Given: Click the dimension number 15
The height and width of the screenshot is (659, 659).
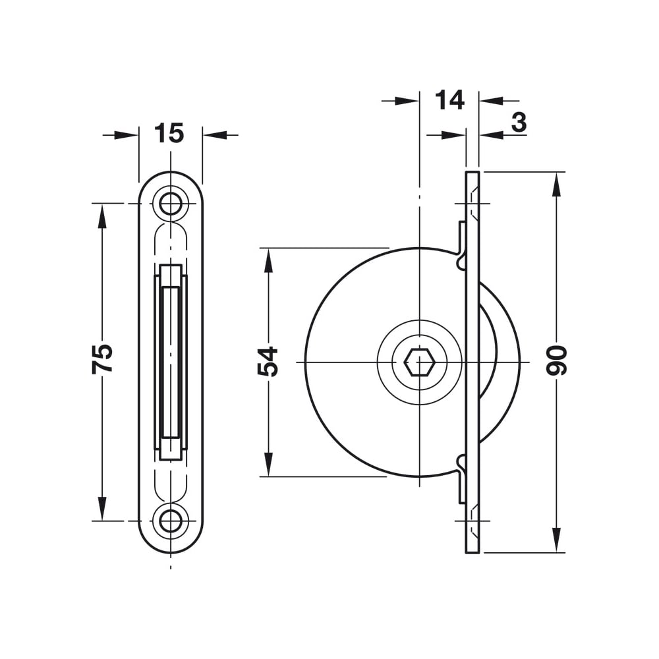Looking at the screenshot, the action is coord(169,133).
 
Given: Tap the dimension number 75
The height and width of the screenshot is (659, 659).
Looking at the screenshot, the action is coord(102,358).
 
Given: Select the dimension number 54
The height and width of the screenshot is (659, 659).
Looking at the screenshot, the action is coord(268,361).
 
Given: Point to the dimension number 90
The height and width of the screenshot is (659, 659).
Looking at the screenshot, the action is coord(556,360).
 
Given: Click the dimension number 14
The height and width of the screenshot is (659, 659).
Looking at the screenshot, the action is coord(449,100).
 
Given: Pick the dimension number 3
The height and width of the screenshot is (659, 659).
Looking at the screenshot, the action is coord(519,123).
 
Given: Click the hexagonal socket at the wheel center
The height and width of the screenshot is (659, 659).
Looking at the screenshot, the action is coord(419,362).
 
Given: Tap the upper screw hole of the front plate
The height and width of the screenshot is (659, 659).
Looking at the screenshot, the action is coord(170,204).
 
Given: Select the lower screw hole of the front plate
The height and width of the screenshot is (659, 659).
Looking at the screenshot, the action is coord(170,521).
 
